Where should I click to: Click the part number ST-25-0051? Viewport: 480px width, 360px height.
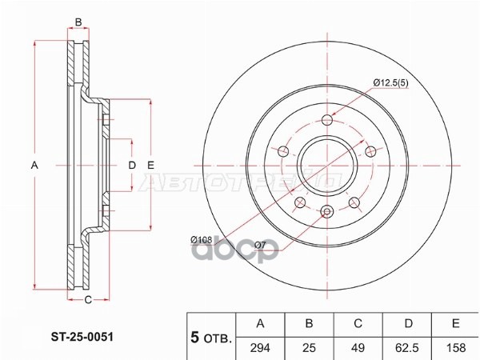point(82,337)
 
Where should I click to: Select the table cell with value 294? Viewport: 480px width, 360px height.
point(260,348)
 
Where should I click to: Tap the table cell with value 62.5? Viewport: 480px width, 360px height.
point(408,348)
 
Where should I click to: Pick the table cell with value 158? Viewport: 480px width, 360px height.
point(455,348)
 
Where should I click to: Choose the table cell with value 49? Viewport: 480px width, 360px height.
point(358,348)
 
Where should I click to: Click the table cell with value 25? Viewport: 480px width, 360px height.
point(309,348)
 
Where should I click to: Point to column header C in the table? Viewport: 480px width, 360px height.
point(358,323)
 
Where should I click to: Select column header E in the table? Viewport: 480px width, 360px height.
point(455,323)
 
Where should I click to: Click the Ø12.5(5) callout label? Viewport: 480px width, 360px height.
point(391,82)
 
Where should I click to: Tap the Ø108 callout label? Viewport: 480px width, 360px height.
point(201,239)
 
